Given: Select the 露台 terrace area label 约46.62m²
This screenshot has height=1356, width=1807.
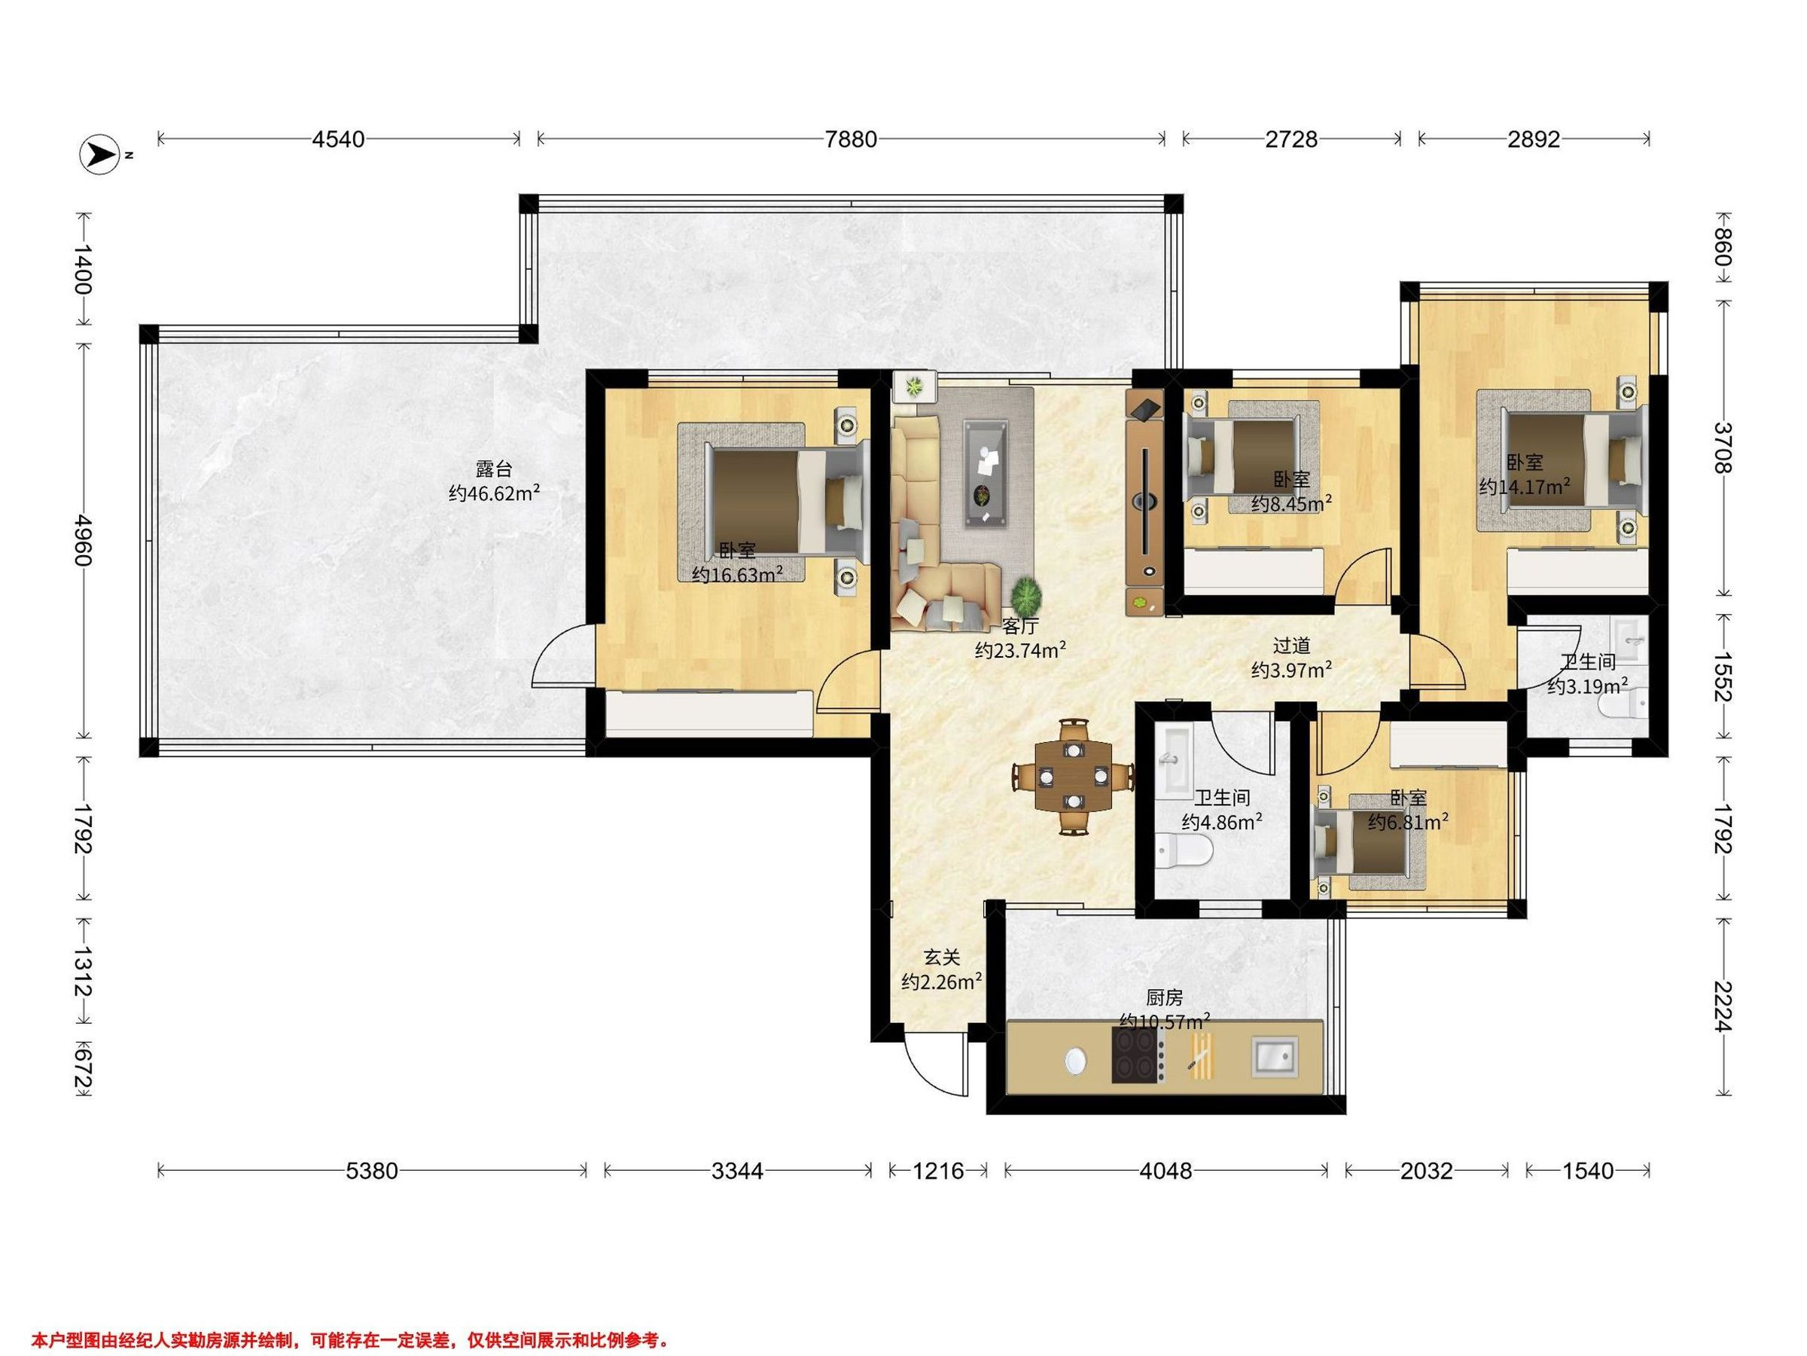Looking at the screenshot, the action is (x=494, y=493).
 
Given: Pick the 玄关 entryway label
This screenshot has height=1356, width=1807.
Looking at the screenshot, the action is (x=941, y=956).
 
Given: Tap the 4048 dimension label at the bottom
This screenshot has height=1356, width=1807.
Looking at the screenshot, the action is (x=1166, y=1171).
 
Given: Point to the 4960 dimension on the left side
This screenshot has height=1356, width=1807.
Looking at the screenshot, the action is (x=84, y=539).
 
